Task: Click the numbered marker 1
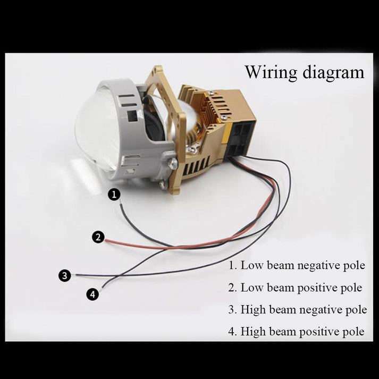pos(114,195)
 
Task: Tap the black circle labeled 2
pos(98,237)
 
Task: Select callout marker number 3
pos(64,275)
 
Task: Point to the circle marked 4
pos(92,294)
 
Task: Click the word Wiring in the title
pos(271,73)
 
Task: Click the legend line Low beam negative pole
pos(297,265)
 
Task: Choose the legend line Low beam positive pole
pos(296,288)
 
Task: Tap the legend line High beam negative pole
pos(298,309)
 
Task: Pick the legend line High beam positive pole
pos(296,332)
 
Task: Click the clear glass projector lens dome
pos(97,131)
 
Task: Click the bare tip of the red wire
pos(106,240)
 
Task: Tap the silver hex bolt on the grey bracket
pos(173,163)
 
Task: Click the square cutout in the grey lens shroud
pos(132,116)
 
